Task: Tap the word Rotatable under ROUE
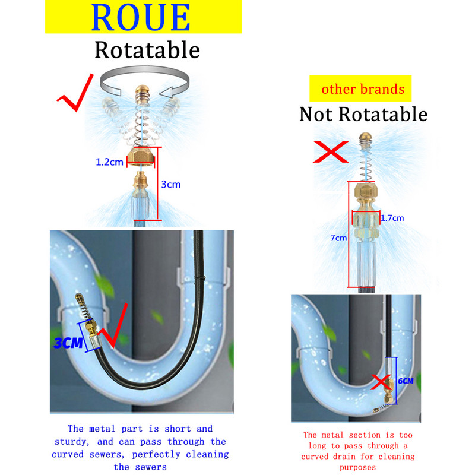147,50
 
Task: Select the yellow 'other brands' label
363,90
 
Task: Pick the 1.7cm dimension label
392,218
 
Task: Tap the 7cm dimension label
338,238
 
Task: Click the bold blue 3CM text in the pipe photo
67,343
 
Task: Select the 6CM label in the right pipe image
406,381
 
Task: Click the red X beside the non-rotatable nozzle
330,153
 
